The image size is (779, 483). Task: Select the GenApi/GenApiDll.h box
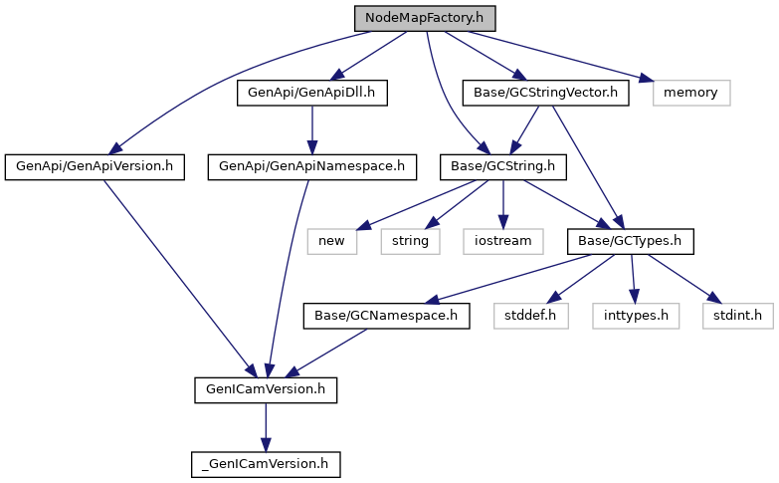[x=311, y=93]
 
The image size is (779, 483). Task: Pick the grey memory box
[x=691, y=93]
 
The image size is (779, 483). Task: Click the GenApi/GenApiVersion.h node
[x=95, y=166]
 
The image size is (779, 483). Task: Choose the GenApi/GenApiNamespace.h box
[x=311, y=166]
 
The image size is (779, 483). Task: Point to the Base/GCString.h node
[x=503, y=166]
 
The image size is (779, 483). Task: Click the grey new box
[x=331, y=240]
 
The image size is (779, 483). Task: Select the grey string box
[x=409, y=240]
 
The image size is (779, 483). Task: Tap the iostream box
[x=502, y=240]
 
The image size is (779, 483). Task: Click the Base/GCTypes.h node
[x=629, y=240]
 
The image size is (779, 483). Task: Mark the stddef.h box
[x=530, y=316]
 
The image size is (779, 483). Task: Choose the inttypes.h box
[x=636, y=316]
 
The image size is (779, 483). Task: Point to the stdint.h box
[x=737, y=316]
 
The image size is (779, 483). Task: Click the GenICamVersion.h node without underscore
[x=265, y=389]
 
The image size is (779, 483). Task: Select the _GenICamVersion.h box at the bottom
[x=265, y=463]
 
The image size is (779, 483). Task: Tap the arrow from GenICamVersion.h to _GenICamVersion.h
[x=265, y=426]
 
